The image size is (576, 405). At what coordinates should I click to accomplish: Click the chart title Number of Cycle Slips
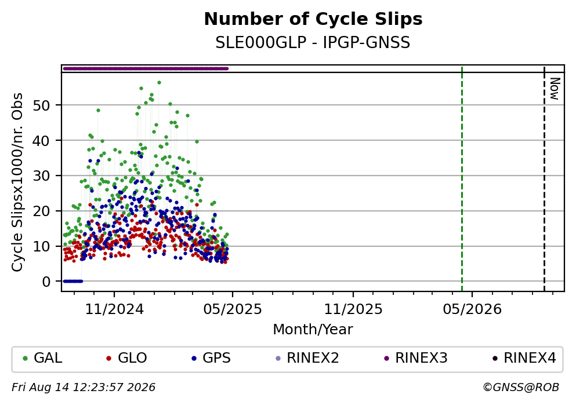[x=313, y=19]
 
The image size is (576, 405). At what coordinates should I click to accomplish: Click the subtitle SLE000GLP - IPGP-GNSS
[x=313, y=42]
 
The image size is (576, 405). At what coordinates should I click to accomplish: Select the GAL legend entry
[x=42, y=357]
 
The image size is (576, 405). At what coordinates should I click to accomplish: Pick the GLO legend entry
[x=126, y=357]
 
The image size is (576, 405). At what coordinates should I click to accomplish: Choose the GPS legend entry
[x=212, y=357]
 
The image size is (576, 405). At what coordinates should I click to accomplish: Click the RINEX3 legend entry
[x=416, y=357]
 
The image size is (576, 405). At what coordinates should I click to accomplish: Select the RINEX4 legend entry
[x=524, y=357]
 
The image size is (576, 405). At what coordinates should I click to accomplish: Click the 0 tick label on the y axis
[x=46, y=282]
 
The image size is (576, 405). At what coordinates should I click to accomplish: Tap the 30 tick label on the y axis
[x=42, y=176]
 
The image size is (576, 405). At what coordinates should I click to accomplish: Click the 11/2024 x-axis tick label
[x=114, y=309]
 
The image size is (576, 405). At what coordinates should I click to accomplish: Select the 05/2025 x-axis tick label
[x=233, y=309]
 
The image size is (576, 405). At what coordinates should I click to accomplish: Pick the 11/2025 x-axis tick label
[x=353, y=309]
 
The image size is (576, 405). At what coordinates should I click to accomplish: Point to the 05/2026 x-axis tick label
[x=472, y=309]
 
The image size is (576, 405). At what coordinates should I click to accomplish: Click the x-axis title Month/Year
[x=313, y=330]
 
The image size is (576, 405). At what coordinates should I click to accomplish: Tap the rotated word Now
[x=555, y=89]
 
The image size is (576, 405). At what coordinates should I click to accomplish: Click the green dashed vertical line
[x=462, y=178]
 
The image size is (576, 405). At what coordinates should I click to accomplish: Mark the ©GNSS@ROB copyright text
[x=521, y=388]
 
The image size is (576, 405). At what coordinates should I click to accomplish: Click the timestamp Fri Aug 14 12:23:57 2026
[x=84, y=388]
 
